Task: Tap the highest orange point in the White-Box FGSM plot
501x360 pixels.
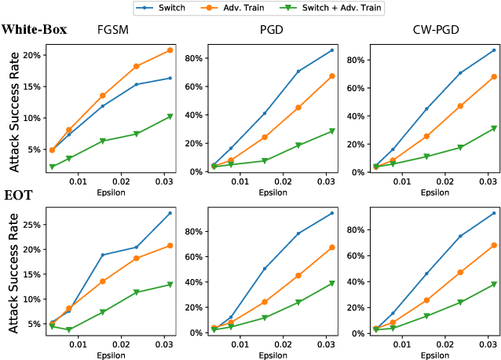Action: point(170,50)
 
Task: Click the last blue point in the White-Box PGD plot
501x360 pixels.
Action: point(332,50)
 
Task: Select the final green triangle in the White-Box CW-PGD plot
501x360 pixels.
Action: point(494,128)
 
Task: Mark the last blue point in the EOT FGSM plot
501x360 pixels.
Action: point(170,213)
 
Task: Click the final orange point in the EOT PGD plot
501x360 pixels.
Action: point(332,248)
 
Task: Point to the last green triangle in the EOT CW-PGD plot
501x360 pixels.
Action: point(494,284)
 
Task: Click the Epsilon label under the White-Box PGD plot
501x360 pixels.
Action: point(271,191)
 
